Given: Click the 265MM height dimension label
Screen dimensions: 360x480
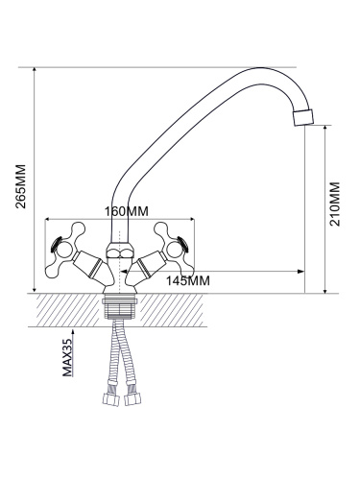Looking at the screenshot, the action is tap(21, 186).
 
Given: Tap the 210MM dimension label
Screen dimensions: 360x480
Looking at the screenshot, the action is tap(335, 204).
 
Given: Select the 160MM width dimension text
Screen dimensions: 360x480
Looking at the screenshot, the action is tap(127, 211).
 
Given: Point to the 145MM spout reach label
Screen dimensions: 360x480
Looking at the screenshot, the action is tap(188, 280).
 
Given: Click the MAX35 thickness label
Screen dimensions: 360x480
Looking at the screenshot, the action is tap(67, 357).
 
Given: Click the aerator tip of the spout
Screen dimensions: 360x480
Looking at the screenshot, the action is tap(303, 118).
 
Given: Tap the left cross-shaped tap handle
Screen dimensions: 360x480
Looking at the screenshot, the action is tap(64, 250).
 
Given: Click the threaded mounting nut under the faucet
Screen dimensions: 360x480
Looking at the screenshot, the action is tap(119, 308).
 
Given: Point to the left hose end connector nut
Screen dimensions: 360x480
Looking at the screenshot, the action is tap(110, 399).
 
